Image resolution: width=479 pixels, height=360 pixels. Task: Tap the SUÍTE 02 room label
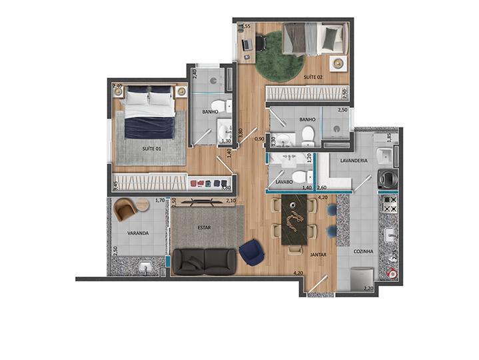pyautogui.click(x=313, y=78)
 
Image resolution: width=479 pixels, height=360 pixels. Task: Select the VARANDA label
pyautogui.click(x=138, y=233)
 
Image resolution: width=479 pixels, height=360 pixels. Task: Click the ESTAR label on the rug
pyautogui.click(x=205, y=227)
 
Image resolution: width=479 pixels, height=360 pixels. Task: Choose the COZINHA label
pyautogui.click(x=363, y=251)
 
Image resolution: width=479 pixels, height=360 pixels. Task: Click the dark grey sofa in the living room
pyautogui.click(x=204, y=261)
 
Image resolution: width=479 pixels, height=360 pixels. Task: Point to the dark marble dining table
pyautogui.click(x=292, y=223)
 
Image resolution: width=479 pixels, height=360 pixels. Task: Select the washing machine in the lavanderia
pyautogui.click(x=387, y=179)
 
